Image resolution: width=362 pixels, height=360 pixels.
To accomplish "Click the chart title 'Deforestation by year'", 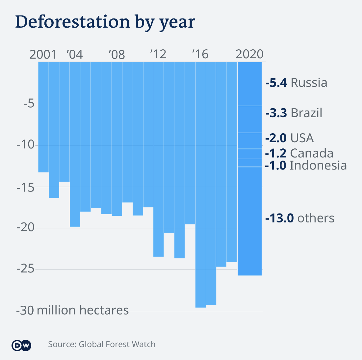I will [105, 22].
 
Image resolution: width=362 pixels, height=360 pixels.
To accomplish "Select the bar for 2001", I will [43, 117].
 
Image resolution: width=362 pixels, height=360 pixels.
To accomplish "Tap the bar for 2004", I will [75, 144].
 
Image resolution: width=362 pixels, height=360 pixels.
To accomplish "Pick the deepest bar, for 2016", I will [200, 184].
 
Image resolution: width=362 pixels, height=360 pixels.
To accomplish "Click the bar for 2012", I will [159, 159].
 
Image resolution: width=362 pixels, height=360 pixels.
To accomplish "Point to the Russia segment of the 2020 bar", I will [249, 84].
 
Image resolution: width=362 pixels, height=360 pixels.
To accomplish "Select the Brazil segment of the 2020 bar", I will [249, 119].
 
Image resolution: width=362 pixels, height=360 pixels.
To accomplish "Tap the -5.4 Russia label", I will [296, 83].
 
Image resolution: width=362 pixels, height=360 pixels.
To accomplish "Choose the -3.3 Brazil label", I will [294, 113].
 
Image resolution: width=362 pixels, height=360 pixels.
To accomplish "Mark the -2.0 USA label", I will [289, 138].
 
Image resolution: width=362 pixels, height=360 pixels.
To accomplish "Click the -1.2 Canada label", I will [299, 153].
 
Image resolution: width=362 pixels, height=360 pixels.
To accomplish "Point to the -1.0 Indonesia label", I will [306, 165].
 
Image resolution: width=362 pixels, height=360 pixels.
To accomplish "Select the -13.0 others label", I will [300, 218].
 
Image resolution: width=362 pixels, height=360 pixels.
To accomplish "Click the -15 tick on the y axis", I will [26, 187].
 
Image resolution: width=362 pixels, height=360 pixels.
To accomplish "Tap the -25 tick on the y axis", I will [26, 270].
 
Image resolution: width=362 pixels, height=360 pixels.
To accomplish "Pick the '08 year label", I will [117, 54].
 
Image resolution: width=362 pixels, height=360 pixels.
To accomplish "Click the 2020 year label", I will [249, 54].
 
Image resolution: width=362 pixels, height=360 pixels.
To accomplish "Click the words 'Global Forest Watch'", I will [117, 345].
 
